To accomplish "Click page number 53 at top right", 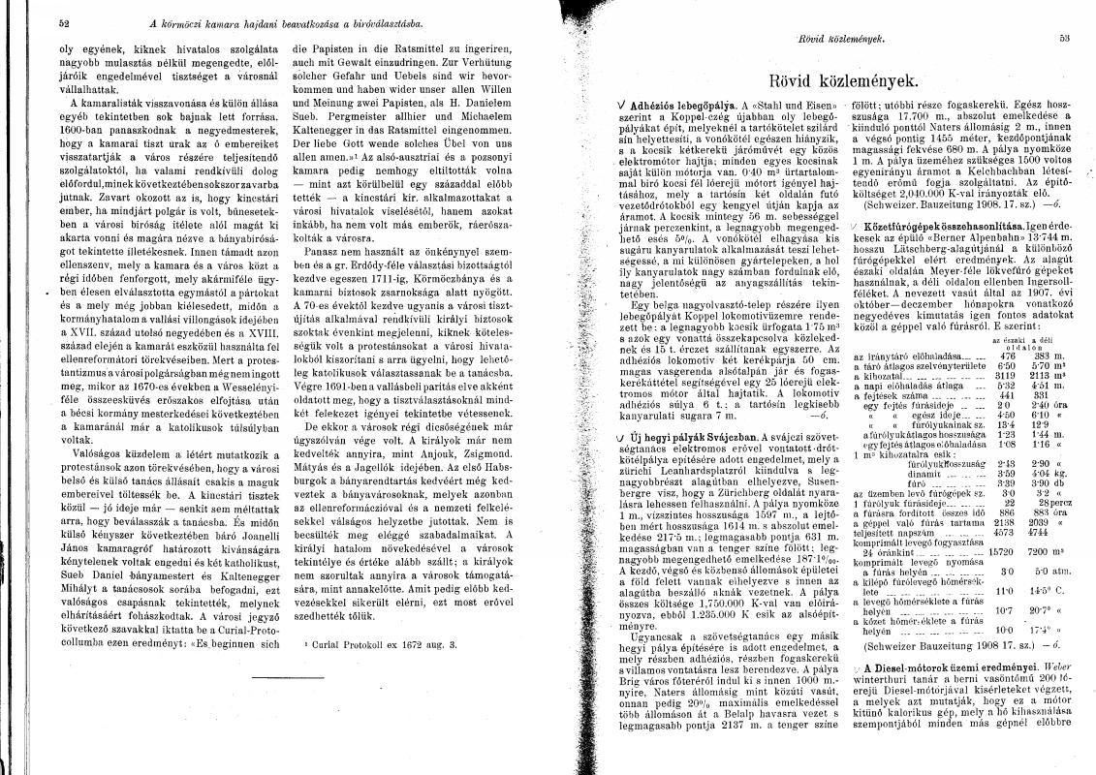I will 1063,39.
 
